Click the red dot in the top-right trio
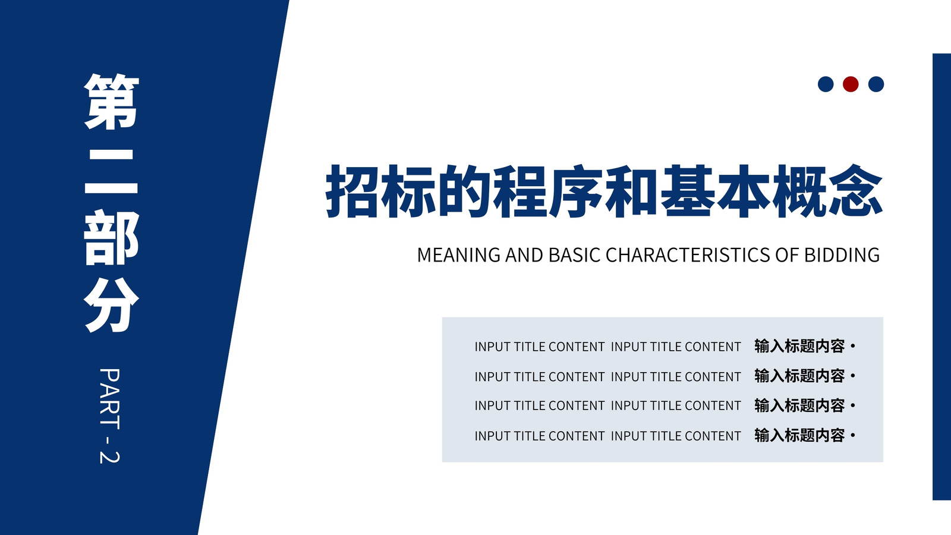851,84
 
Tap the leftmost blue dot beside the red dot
826,84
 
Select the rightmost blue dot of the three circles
876,84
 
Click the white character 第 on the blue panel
112,102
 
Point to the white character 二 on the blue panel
112,172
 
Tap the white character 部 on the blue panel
112,238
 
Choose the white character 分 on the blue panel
112,305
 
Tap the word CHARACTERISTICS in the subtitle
687,255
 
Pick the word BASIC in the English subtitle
574,255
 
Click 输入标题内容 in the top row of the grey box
799,347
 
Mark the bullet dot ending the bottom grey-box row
853,436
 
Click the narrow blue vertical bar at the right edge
941,277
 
